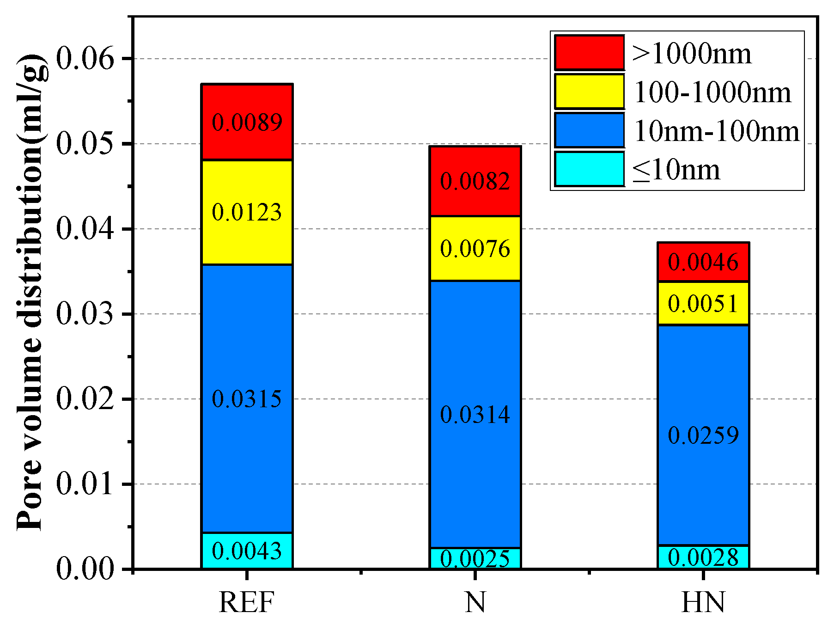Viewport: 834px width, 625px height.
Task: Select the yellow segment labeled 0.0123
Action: [x=247, y=212]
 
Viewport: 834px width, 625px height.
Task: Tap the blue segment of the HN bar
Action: [x=703, y=435]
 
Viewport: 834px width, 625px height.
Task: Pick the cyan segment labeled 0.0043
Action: [x=247, y=551]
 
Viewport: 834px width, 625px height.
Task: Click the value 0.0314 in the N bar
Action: [x=475, y=414]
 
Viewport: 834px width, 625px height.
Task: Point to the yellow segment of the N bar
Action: [x=475, y=248]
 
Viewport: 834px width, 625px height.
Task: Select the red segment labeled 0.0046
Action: [x=703, y=262]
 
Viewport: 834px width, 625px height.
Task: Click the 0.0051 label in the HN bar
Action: [x=703, y=304]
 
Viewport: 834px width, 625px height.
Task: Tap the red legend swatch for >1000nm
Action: [x=589, y=53]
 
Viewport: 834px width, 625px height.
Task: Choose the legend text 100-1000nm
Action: [x=712, y=92]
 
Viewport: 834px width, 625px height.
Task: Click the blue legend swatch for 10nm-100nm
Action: [x=589, y=130]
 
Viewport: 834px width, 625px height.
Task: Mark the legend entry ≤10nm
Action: [x=676, y=170]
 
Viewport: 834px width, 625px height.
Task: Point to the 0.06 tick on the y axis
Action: [x=85, y=59]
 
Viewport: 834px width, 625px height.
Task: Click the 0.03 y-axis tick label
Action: [x=85, y=314]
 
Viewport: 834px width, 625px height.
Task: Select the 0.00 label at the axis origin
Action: [x=85, y=569]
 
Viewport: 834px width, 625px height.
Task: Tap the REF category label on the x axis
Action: [x=247, y=602]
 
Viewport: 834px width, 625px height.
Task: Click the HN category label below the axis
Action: [x=703, y=602]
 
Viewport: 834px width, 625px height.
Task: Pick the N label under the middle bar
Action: [x=475, y=602]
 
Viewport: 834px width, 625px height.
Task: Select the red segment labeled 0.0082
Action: [x=475, y=181]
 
